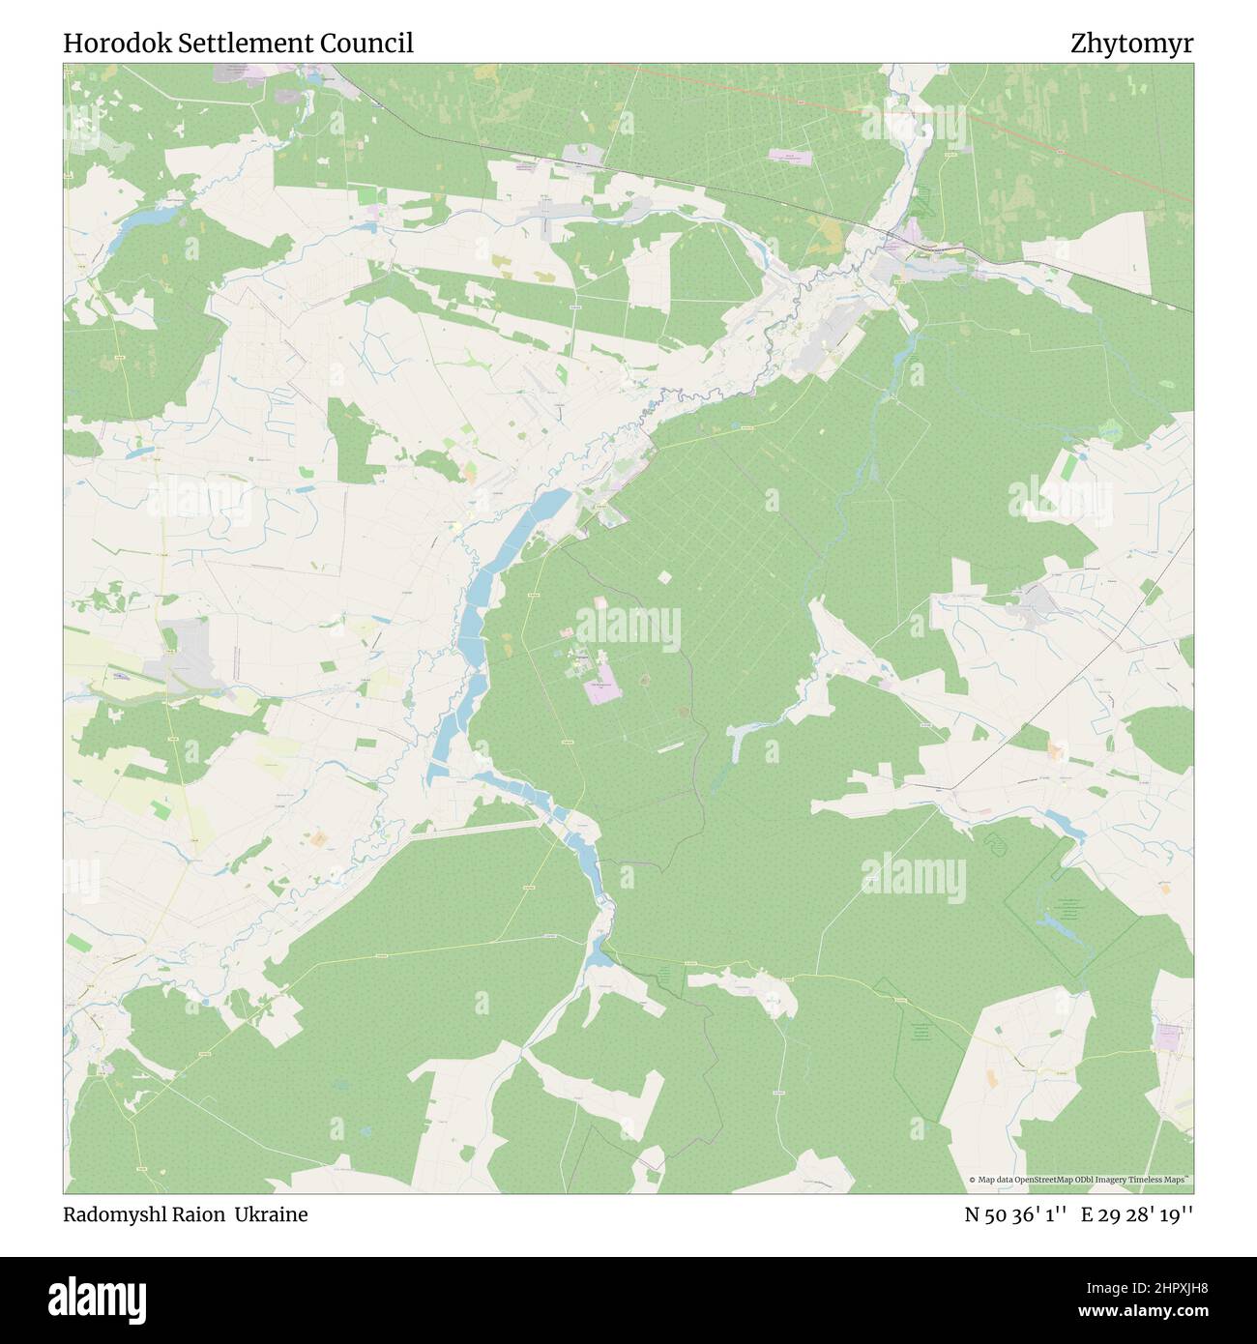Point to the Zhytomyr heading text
[1131, 44]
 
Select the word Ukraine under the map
[277, 1215]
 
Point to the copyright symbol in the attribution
[973, 1180]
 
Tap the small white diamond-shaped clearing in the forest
[663, 577]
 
